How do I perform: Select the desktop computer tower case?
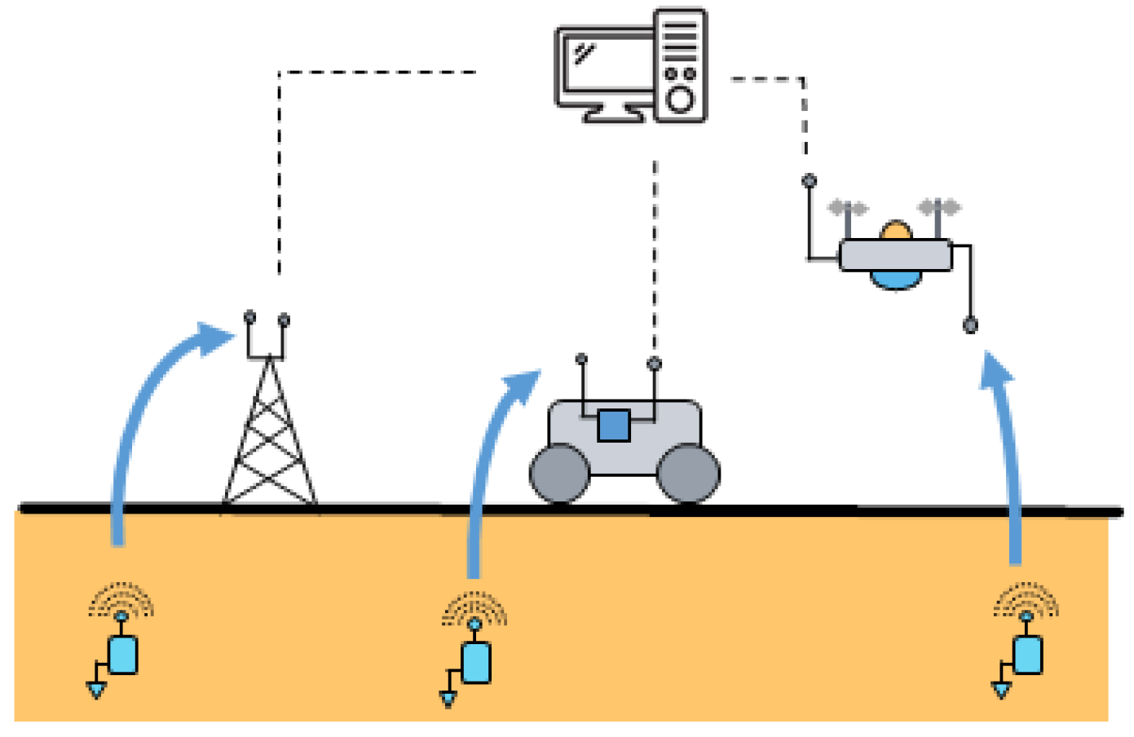tap(680, 65)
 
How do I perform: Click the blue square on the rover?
tap(613, 425)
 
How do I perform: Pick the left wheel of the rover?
tap(559, 474)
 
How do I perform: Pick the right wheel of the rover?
tap(688, 474)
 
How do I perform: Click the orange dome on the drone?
tap(896, 231)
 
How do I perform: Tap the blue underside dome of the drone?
tap(896, 280)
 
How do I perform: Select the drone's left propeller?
tap(848, 208)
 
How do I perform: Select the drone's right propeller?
tap(939, 207)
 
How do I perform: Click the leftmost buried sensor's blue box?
tap(122, 655)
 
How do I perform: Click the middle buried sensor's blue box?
tap(475, 662)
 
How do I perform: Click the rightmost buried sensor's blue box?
tap(1027, 654)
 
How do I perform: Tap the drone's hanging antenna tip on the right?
tap(970, 325)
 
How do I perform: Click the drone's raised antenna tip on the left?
tap(809, 181)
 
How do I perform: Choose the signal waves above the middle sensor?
tap(474, 608)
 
